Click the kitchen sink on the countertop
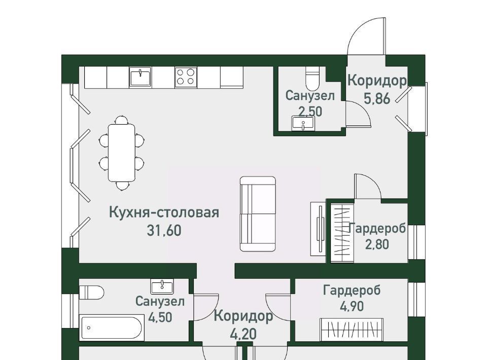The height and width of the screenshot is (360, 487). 141,77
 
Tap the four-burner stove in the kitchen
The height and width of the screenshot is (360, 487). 186,77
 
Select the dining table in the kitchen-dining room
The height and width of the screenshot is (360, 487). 121,153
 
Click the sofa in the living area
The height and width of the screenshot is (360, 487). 258,213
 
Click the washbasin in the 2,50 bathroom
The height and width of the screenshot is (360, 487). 303,123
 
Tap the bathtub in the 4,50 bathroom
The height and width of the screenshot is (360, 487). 112,328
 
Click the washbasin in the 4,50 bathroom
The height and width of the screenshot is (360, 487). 162,286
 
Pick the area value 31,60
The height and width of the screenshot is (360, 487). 164,231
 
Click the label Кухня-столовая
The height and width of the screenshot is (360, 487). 164,212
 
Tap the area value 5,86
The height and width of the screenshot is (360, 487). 377,99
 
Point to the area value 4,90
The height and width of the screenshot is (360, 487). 352,307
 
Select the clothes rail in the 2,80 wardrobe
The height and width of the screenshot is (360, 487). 342,233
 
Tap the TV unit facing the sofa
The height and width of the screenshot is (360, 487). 319,229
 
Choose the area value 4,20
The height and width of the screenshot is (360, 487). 243,334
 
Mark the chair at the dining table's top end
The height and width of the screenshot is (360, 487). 121,120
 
